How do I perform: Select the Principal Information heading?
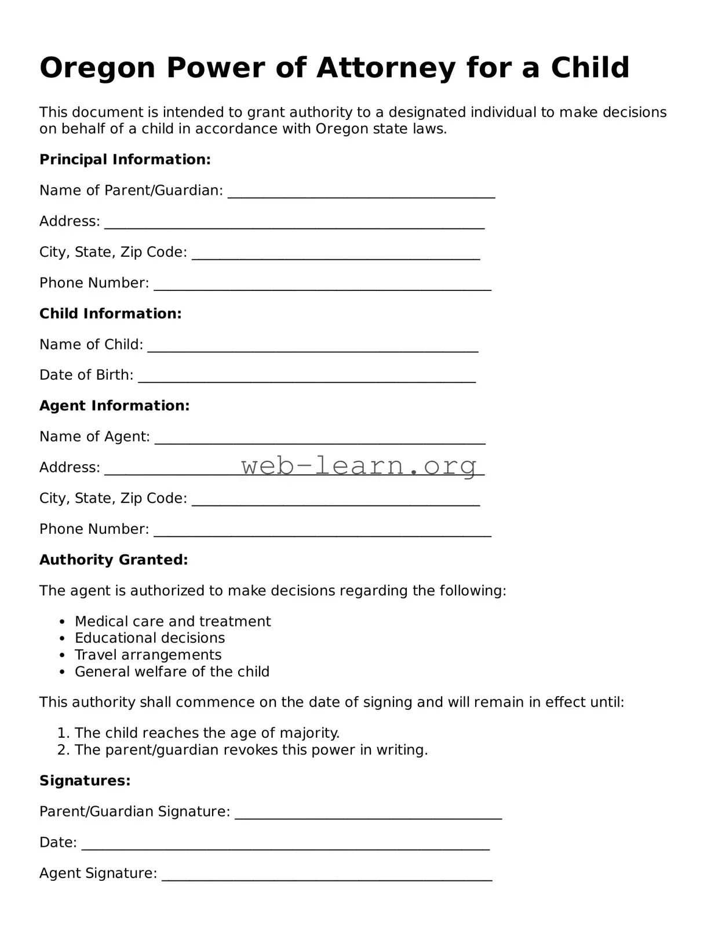[125, 159]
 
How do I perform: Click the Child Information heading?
[110, 314]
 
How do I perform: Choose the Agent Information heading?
[114, 406]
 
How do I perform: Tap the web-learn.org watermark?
[359, 465]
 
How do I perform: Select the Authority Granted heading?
[114, 560]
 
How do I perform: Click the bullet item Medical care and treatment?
[172, 621]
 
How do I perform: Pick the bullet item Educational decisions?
[150, 638]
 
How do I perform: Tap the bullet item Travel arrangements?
[148, 655]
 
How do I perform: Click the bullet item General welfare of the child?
[172, 672]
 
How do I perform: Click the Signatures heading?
[85, 781]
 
